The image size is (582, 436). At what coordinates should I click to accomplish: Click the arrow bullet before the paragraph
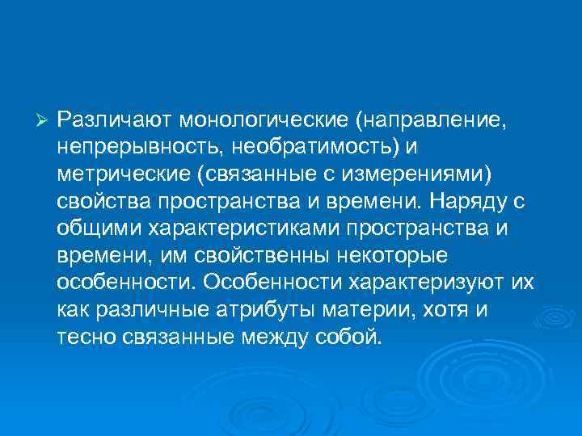tap(44, 120)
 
